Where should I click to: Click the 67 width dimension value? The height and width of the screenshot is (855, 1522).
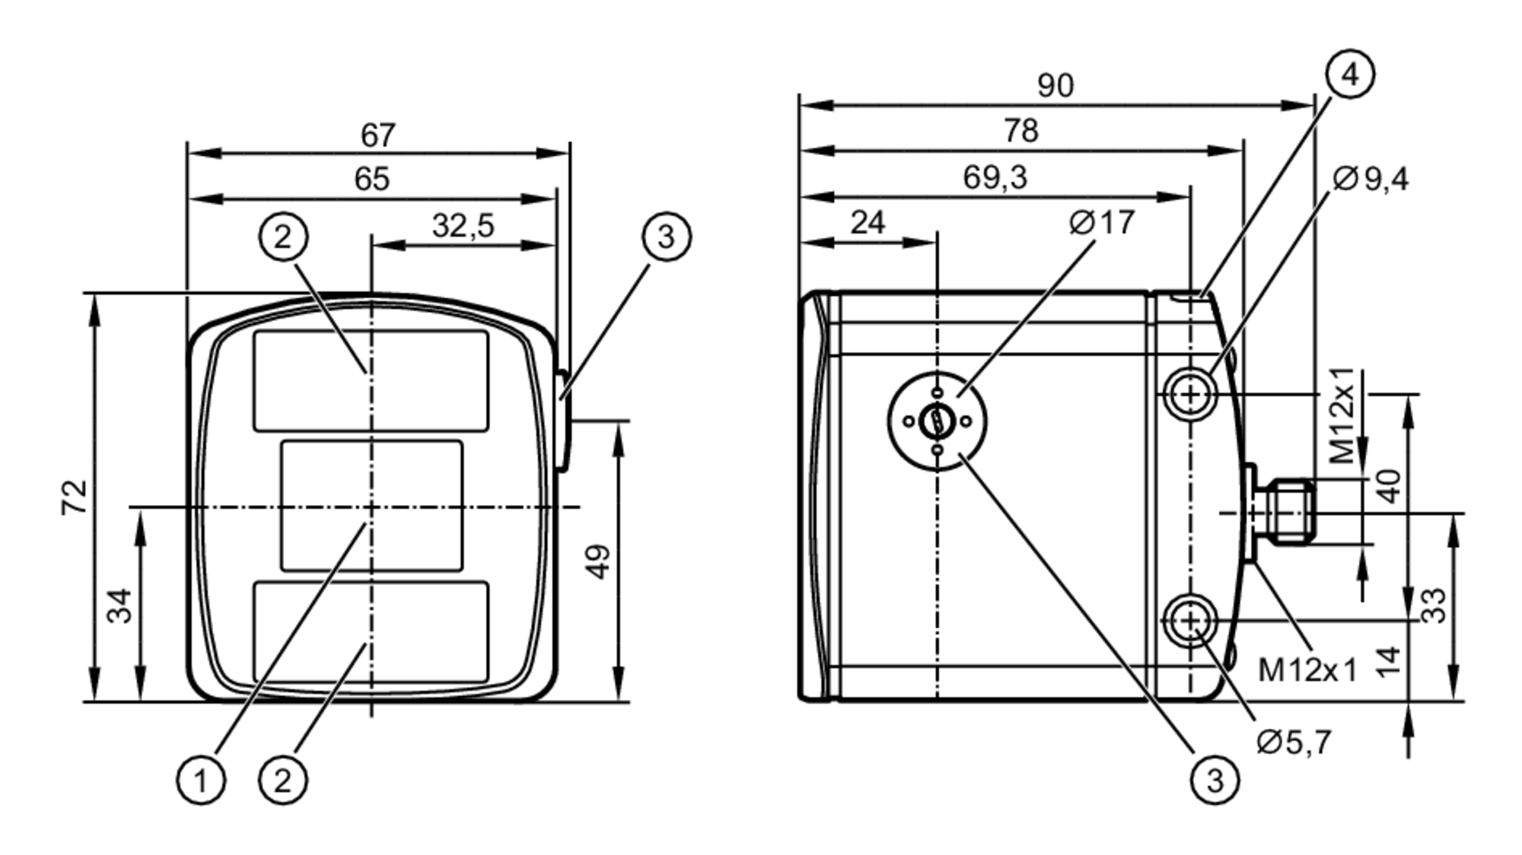(378, 135)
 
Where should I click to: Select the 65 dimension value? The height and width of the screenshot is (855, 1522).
(372, 180)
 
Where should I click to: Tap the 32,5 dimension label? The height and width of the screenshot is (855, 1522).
(463, 226)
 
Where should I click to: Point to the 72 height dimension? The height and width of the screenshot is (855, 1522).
(75, 497)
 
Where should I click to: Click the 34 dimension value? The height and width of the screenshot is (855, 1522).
(120, 605)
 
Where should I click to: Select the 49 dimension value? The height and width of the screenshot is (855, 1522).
(600, 561)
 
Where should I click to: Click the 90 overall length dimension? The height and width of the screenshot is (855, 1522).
(1056, 86)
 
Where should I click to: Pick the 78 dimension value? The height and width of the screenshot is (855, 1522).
(1021, 131)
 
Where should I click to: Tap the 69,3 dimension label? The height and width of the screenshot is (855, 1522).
(995, 177)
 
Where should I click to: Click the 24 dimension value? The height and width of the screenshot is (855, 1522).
(868, 223)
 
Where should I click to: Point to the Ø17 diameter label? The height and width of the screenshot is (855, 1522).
(1101, 223)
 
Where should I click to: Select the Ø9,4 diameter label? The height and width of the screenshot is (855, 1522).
(1371, 179)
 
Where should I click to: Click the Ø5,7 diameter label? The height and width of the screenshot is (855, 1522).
(1294, 742)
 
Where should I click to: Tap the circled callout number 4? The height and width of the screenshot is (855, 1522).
(1350, 75)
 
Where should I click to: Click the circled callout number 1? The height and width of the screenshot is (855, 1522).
(201, 780)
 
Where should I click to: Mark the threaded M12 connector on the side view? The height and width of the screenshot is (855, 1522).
(1291, 511)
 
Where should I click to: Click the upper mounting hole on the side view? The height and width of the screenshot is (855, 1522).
(1190, 394)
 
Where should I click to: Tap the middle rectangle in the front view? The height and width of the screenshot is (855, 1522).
(371, 506)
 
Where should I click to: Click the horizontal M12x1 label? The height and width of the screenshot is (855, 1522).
(1307, 670)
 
